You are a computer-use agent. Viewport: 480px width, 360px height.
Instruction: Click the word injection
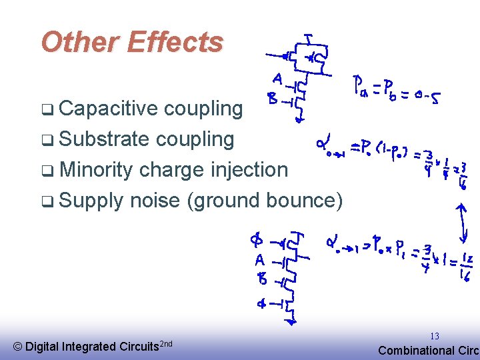click(x=249, y=170)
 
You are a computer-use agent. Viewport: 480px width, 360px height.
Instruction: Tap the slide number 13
click(x=435, y=336)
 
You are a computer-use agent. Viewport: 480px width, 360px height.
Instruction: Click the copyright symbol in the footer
click(x=18, y=346)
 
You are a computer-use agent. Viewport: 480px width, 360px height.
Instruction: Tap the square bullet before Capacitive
click(x=45, y=109)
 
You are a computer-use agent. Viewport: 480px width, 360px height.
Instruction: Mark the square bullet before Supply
click(x=45, y=201)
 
